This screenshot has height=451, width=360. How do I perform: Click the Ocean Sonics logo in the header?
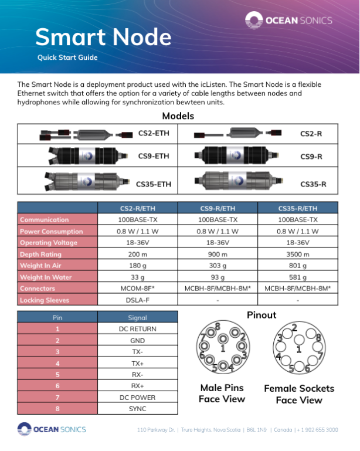click(288, 20)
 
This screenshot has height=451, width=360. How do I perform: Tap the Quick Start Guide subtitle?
click(67, 57)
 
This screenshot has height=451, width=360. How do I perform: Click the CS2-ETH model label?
click(154, 133)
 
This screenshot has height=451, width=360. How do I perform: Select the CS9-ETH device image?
click(88, 155)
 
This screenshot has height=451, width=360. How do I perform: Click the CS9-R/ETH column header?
click(218, 208)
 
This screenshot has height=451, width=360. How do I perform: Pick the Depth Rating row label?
click(41, 255)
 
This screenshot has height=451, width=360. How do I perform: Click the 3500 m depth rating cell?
click(298, 255)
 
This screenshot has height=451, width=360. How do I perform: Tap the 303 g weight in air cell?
click(218, 266)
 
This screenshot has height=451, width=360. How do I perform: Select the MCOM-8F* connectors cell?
click(138, 289)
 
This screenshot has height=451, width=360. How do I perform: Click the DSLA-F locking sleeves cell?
click(138, 300)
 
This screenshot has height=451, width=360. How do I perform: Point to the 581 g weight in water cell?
click(298, 277)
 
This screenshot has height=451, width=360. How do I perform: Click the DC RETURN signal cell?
click(138, 329)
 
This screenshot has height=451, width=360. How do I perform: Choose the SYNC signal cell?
click(138, 409)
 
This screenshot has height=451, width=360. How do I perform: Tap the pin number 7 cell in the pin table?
click(57, 398)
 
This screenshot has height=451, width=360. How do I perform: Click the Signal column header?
click(138, 317)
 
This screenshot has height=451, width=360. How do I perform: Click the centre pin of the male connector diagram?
click(223, 339)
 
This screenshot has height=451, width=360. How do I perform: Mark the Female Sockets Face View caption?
click(299, 394)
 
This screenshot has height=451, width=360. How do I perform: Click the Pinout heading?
click(261, 315)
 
